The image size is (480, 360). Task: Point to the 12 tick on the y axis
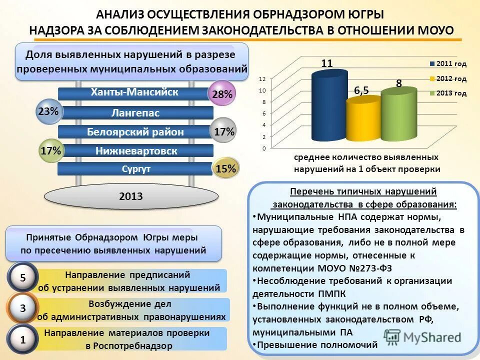point(262,79)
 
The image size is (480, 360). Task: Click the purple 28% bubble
point(221,93)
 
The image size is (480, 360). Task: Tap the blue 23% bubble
point(48,112)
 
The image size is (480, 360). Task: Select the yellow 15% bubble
point(225,169)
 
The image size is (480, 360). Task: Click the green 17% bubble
point(51,150)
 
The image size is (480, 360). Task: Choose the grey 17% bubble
point(223,131)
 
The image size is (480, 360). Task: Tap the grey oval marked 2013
point(131,196)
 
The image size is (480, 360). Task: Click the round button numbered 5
point(23,277)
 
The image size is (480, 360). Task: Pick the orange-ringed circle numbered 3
point(23,309)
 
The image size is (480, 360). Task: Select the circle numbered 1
point(23,340)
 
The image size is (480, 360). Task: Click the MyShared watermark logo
point(422,336)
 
